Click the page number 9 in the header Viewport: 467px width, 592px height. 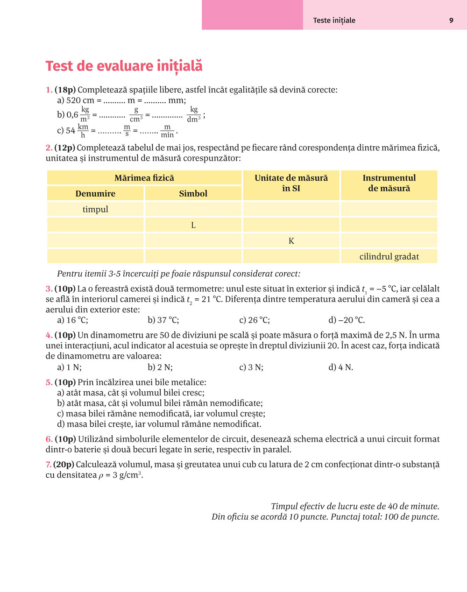pyautogui.click(x=451, y=21)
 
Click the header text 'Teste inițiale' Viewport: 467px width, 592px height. pyautogui.click(x=334, y=21)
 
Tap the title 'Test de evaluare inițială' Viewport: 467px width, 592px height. pyautogui.click(x=124, y=66)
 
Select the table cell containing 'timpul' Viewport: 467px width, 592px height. pyautogui.click(x=95, y=209)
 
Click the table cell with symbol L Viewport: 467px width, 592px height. pyautogui.click(x=193, y=225)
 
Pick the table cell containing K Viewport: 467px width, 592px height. pyautogui.click(x=291, y=241)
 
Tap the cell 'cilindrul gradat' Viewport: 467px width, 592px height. pyautogui.click(x=389, y=256)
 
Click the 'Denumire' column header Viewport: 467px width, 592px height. pyautogui.click(x=95, y=193)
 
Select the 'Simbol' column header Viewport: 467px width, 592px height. pyautogui.click(x=193, y=193)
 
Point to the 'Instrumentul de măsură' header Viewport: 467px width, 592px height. pyautogui.click(x=389, y=183)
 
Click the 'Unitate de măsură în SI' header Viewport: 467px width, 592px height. pyautogui.click(x=291, y=183)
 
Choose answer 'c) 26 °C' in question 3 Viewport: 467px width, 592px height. pyautogui.click(x=255, y=320)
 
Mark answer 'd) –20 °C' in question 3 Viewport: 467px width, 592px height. pyautogui.click(x=347, y=320)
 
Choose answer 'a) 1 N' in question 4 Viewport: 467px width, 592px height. pyautogui.click(x=69, y=367)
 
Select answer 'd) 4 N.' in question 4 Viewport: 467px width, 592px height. pyautogui.click(x=341, y=367)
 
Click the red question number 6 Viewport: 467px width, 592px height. pyautogui.click(x=49, y=439)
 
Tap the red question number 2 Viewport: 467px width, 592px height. pyautogui.click(x=49, y=148)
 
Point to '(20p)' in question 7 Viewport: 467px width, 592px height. pyautogui.click(x=64, y=465)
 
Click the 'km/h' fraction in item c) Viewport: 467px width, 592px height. pyautogui.click(x=83, y=131)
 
